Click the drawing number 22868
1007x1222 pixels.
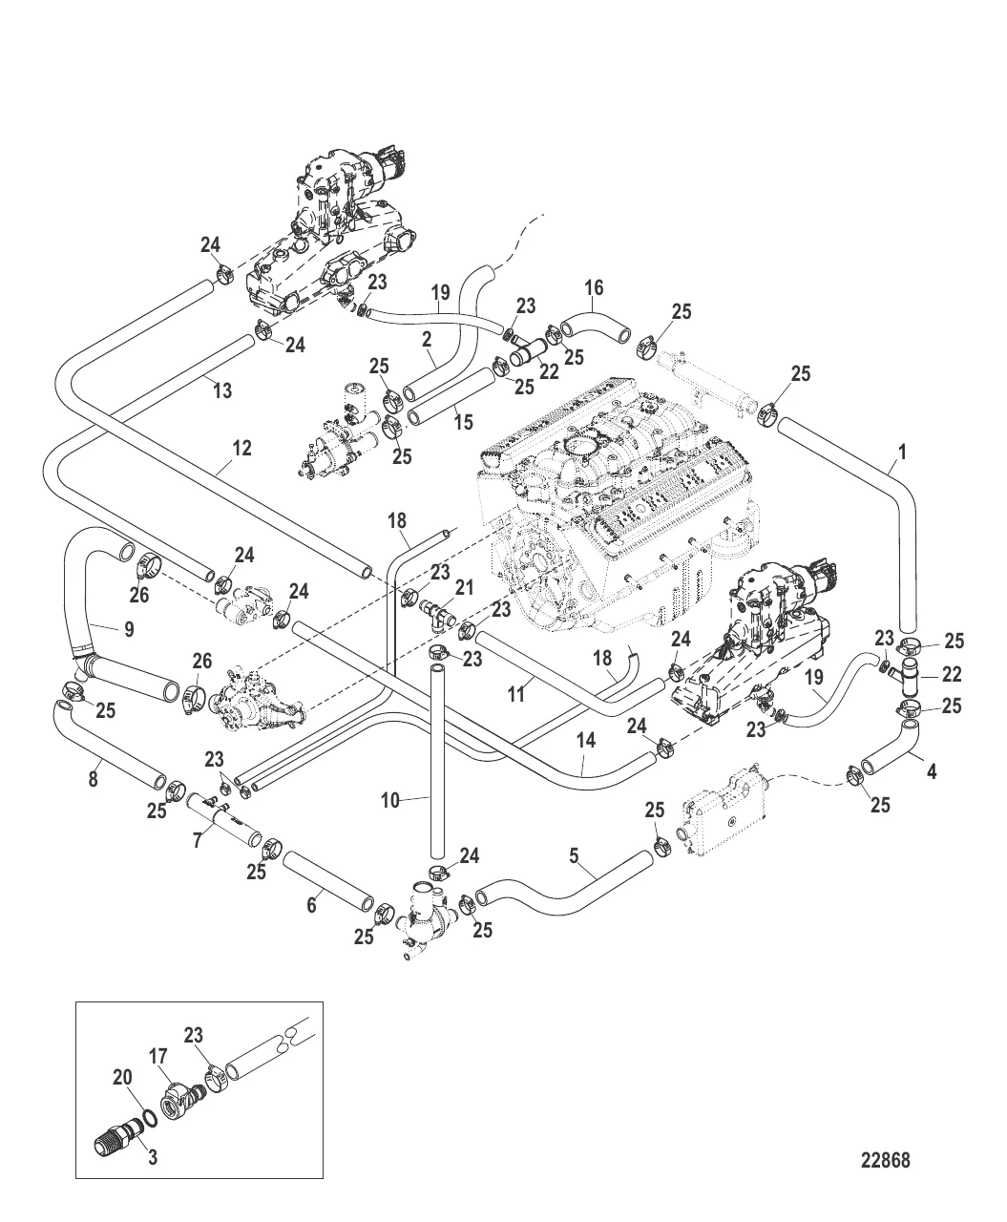click(x=885, y=1161)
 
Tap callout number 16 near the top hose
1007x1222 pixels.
click(x=594, y=286)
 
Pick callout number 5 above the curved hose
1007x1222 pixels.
click(x=575, y=856)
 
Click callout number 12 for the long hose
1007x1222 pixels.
click(x=241, y=446)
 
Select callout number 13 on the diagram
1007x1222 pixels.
click(x=222, y=390)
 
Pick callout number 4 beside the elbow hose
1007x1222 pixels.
click(x=932, y=769)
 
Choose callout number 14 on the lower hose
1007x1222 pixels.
click(x=586, y=740)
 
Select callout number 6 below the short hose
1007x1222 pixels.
click(x=311, y=906)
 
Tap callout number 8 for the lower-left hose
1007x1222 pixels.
click(x=93, y=779)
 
